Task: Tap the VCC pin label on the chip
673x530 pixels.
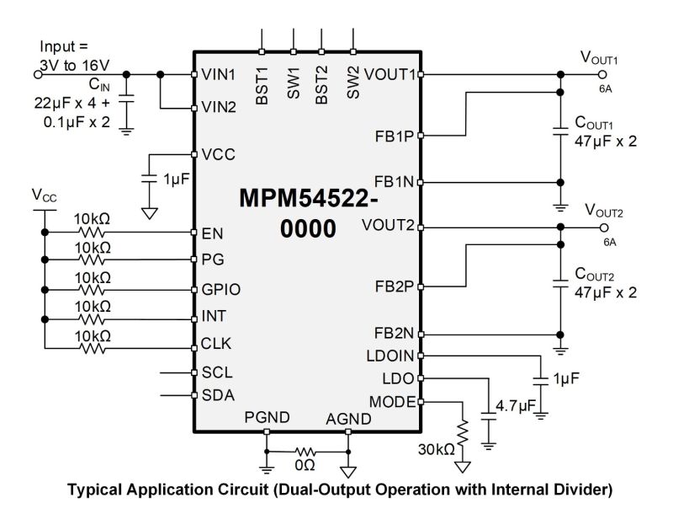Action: (x=218, y=155)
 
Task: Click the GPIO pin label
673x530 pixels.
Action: (x=221, y=289)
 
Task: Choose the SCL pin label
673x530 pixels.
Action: (x=217, y=372)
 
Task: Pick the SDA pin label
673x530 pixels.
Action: (x=218, y=395)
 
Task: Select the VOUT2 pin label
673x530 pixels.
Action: (x=388, y=226)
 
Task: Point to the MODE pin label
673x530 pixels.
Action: (x=391, y=402)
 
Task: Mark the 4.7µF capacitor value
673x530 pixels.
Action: (x=515, y=406)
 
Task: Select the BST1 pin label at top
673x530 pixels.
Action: (x=262, y=85)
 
